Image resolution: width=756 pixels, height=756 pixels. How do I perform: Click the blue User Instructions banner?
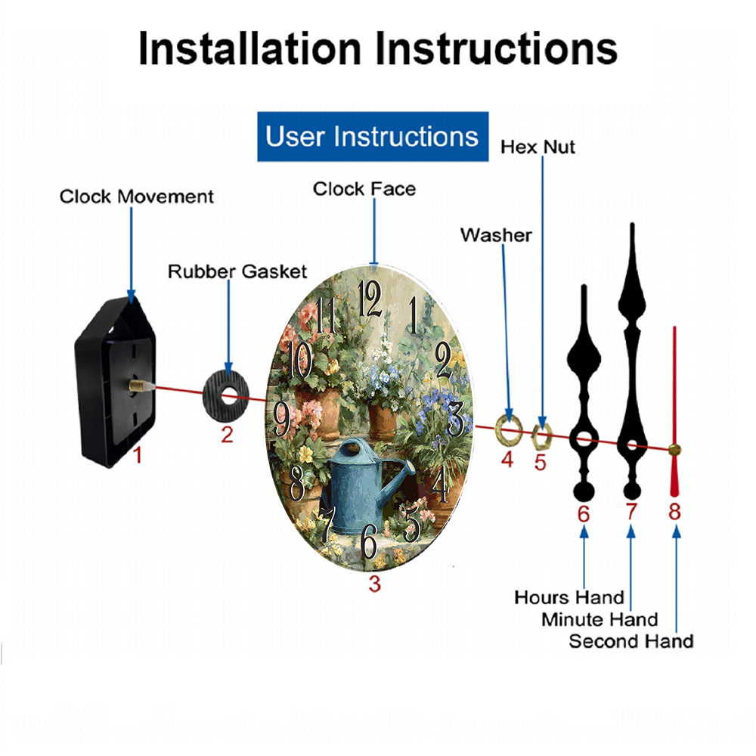[x=373, y=137]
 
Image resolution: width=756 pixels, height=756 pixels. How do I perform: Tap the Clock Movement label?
[x=137, y=197]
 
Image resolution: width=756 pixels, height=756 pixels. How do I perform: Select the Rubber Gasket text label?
[x=237, y=271]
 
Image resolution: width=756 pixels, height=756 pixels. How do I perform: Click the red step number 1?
[x=138, y=455]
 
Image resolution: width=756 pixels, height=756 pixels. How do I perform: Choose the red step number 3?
[x=374, y=583]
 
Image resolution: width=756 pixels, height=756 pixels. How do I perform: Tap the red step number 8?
[x=674, y=512]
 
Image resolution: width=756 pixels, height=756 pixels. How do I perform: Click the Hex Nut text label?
[x=538, y=147]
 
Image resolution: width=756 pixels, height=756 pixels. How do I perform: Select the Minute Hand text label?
[x=600, y=620]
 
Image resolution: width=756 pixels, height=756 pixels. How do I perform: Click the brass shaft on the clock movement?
[x=138, y=386]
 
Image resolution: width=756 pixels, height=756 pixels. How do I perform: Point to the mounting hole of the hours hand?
[x=582, y=438]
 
